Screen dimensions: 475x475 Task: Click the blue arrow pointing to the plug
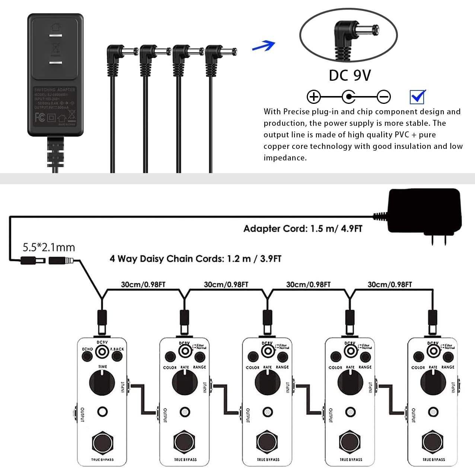tap(264, 46)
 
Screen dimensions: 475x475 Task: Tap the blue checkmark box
tap(417, 97)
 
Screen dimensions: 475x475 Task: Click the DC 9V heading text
tap(350, 75)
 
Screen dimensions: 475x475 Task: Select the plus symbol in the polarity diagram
tap(313, 97)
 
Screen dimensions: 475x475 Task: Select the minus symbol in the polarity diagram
tap(384, 97)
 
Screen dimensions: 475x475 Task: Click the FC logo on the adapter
tap(40, 118)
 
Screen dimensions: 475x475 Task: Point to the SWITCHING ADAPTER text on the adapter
tap(55, 90)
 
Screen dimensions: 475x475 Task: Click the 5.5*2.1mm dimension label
tap(49, 247)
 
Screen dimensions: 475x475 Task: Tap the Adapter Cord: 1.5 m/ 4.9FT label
tap(303, 229)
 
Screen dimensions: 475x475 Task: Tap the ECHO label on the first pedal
tap(87, 349)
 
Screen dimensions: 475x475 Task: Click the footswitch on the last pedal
tap(433, 442)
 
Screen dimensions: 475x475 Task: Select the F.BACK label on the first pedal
tap(117, 349)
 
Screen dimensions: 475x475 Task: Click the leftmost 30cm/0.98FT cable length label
tap(143, 285)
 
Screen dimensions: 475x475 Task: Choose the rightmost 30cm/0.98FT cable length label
tap(390, 285)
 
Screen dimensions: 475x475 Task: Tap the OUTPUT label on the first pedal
tap(82, 415)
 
